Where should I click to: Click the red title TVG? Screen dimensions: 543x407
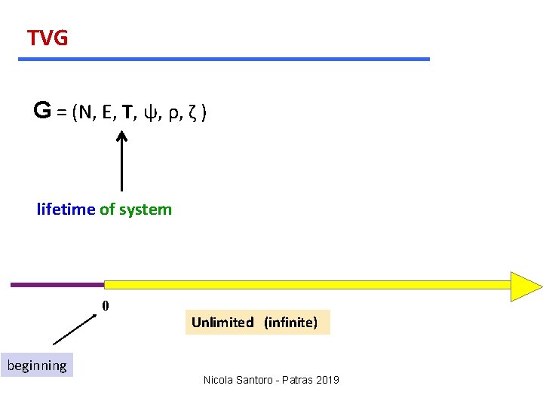point(48,38)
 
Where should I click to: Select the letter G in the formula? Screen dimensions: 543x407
point(42,112)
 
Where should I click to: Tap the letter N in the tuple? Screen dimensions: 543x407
point(87,113)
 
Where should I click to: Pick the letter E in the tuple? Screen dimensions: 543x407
point(109,113)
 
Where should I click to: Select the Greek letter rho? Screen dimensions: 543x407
point(173,115)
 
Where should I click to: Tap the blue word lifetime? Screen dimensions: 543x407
point(66,210)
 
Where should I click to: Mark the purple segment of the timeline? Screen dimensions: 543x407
point(57,285)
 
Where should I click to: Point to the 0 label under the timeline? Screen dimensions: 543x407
point(106,305)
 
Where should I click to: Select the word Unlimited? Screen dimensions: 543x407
point(222,323)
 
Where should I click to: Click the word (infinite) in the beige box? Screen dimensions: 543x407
point(290,323)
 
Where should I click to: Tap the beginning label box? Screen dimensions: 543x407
point(37,366)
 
